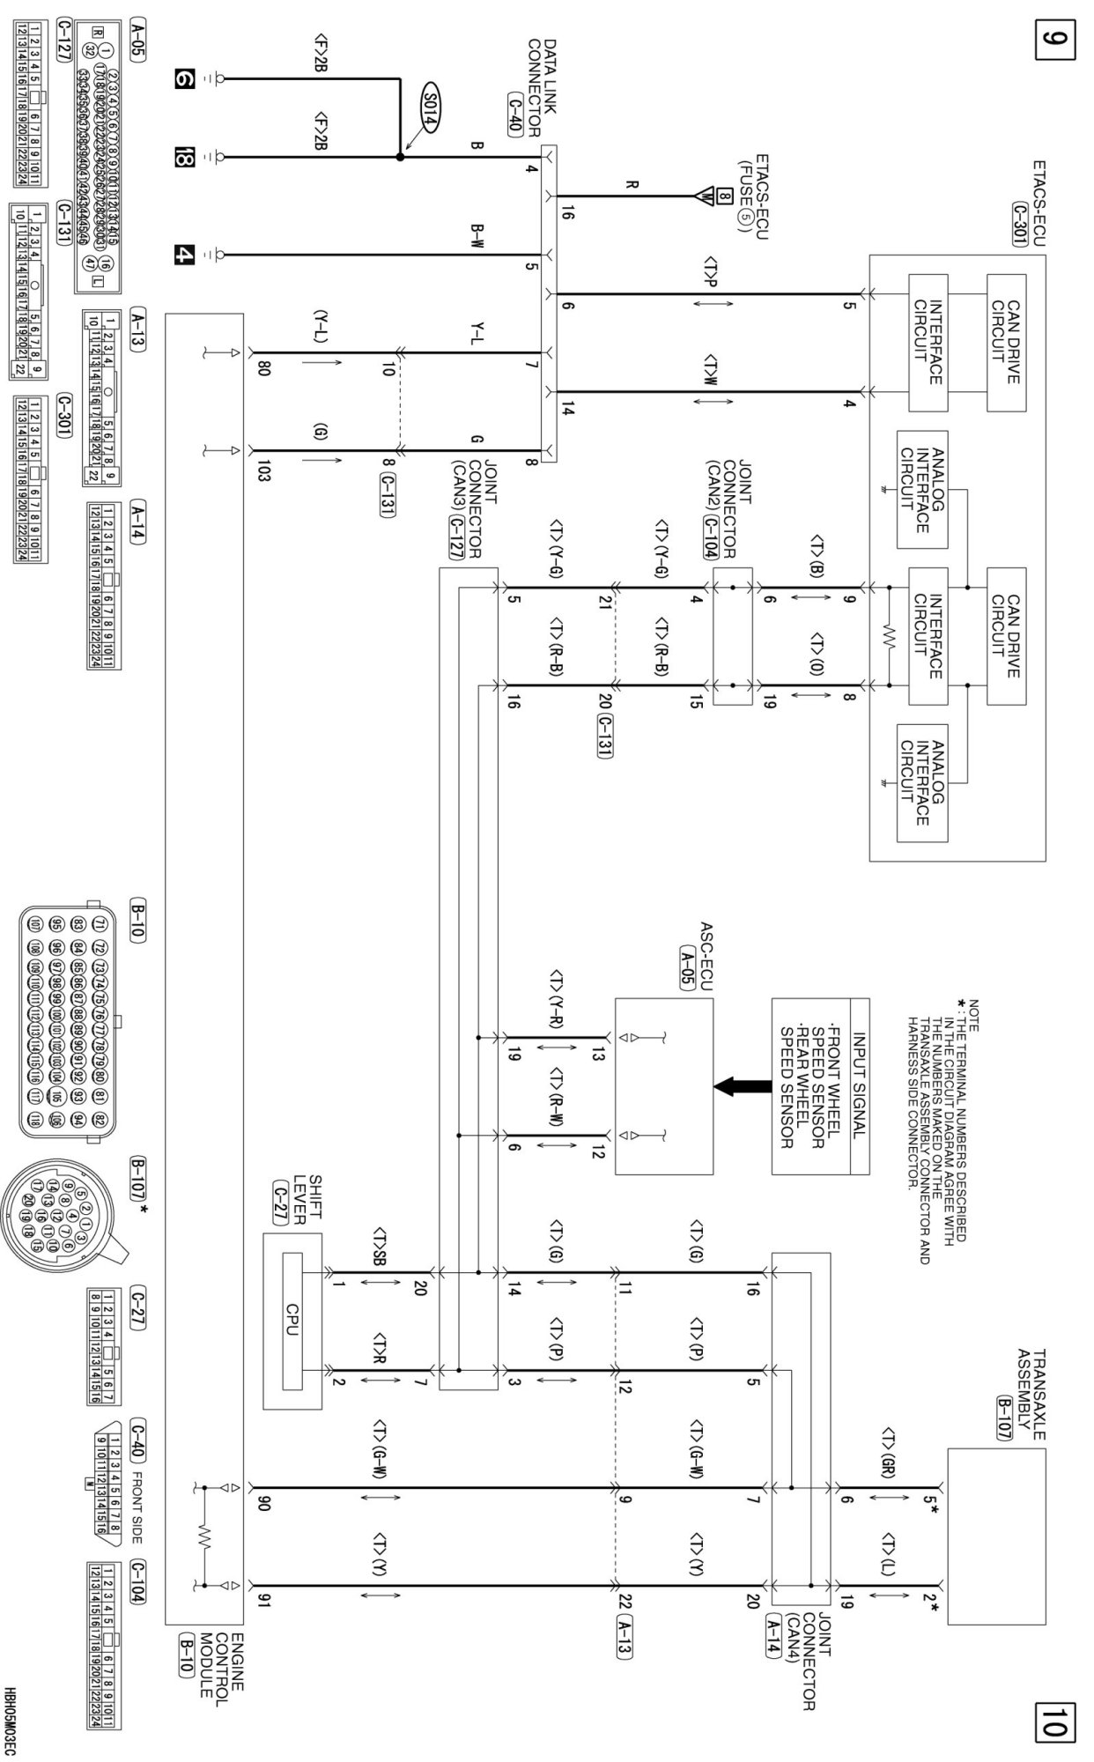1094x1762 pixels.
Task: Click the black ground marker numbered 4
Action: (x=183, y=255)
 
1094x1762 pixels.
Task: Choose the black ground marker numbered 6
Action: (x=183, y=79)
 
